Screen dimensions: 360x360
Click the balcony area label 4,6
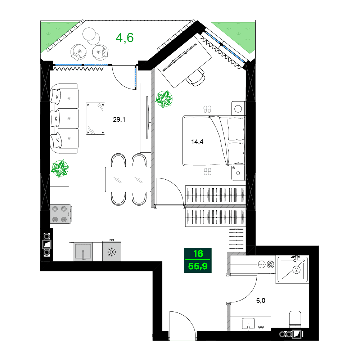125,37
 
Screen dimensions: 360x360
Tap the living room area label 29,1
119,120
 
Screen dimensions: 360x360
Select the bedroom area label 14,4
197,141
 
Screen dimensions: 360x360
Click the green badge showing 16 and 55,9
198,260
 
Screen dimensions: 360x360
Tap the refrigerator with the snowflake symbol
112,252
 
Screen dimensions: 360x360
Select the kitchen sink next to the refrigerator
83,252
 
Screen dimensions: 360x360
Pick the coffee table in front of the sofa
96,118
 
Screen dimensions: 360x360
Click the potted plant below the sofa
60,168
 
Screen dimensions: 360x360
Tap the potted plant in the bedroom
164,99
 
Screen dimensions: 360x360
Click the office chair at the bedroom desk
196,77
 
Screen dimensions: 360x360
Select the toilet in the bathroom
295,320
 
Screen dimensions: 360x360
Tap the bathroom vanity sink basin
248,323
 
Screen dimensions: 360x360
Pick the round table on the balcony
91,35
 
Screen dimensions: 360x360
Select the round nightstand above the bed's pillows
238,108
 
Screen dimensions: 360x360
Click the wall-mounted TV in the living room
147,117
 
